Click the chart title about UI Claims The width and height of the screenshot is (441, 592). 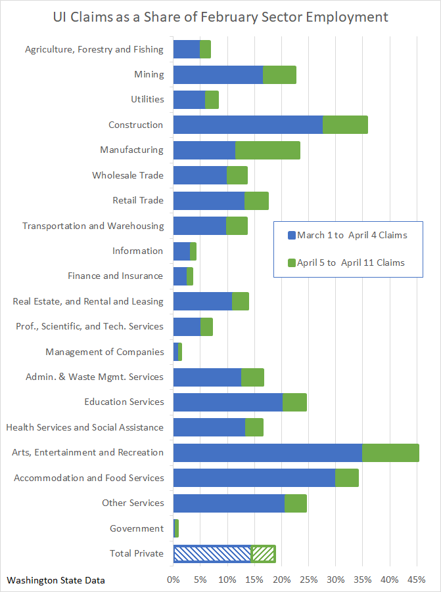click(220, 16)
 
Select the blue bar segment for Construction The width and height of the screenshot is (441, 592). click(248, 125)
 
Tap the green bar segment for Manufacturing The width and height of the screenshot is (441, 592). click(267, 150)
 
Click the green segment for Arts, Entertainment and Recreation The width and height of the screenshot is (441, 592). click(390, 453)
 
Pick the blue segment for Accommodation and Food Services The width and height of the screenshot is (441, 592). click(254, 478)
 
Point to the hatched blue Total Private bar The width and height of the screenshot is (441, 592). click(212, 554)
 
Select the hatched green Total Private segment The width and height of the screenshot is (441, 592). click(264, 554)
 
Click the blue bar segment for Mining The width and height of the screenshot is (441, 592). click(218, 75)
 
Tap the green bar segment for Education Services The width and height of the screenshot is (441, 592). click(294, 402)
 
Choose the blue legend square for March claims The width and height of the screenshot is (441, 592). click(292, 235)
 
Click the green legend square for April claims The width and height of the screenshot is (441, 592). click(292, 263)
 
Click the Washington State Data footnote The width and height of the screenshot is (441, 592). click(56, 580)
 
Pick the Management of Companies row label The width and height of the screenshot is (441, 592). click(104, 352)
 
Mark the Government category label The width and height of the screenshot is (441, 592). click(137, 528)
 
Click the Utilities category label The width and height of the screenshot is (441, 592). click(147, 100)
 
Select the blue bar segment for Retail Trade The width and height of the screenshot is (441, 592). click(208, 201)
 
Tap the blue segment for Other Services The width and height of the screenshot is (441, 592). click(229, 503)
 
